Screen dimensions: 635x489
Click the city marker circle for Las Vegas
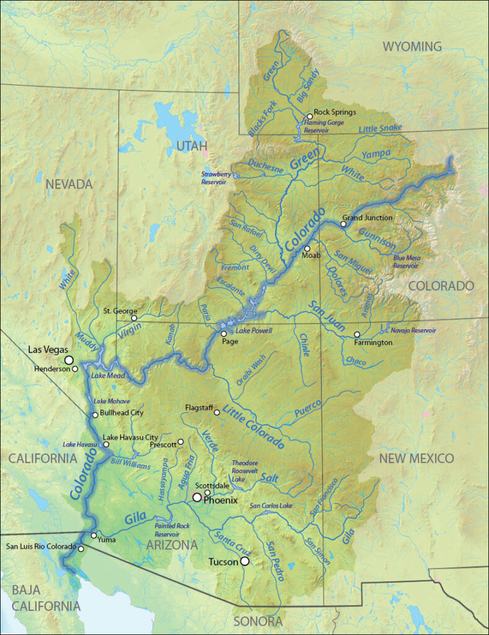(x=69, y=360)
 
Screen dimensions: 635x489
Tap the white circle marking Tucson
(x=245, y=561)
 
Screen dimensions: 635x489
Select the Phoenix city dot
(x=196, y=497)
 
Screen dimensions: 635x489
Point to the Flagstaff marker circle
(x=216, y=412)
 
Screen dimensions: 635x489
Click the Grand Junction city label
(x=367, y=218)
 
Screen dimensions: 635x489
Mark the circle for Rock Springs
(x=310, y=116)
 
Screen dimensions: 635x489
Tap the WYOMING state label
(x=412, y=47)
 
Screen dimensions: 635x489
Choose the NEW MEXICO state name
(x=416, y=458)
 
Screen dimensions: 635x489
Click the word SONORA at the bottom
(x=258, y=621)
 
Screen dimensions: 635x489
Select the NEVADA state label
(x=69, y=184)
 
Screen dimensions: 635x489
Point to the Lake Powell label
(x=254, y=331)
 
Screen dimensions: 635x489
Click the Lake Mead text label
(x=108, y=376)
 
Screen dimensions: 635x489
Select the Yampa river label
(x=376, y=153)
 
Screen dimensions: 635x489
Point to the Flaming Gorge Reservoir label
(x=324, y=127)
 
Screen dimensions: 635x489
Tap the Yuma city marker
(x=94, y=535)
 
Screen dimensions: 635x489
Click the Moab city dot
(x=307, y=248)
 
